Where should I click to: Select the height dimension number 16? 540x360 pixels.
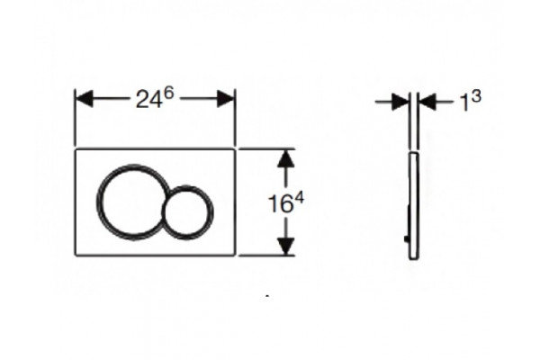[280, 204]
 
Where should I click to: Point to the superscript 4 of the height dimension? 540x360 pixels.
[299, 199]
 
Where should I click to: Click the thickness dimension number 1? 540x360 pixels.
[465, 103]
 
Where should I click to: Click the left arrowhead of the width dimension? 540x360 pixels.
[85, 98]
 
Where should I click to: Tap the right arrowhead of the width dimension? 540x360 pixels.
[226, 98]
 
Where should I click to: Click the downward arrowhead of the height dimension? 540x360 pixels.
[286, 247]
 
